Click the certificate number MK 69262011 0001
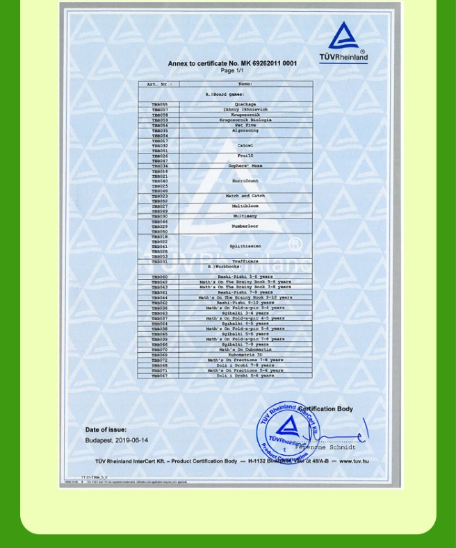265,64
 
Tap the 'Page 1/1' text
232,71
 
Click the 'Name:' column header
245,84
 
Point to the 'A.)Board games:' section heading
225,94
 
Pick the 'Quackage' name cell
245,104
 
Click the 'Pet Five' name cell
245,125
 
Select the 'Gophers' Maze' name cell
245,166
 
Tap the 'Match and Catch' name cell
245,197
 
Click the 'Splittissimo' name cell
245,246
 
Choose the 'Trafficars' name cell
245,261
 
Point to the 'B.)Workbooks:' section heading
225,267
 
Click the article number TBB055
159,104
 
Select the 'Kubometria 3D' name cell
245,355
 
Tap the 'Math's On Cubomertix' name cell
245,349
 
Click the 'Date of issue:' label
106,430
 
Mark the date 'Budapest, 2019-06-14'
117,440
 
